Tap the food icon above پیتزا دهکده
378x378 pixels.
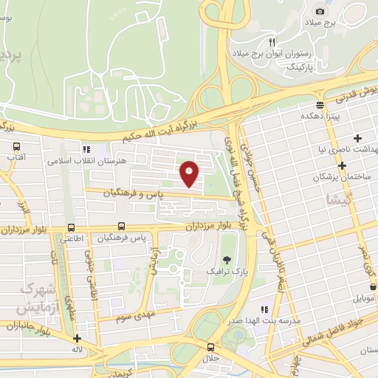pos(320,105)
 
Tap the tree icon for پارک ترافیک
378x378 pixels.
pos(227,259)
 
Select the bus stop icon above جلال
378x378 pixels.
pos(211,347)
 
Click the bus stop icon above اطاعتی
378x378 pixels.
pos(72,227)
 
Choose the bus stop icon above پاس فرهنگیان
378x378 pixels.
pos(121,227)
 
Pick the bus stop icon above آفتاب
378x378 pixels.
pos(16,146)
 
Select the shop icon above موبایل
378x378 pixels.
pos(372,286)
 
